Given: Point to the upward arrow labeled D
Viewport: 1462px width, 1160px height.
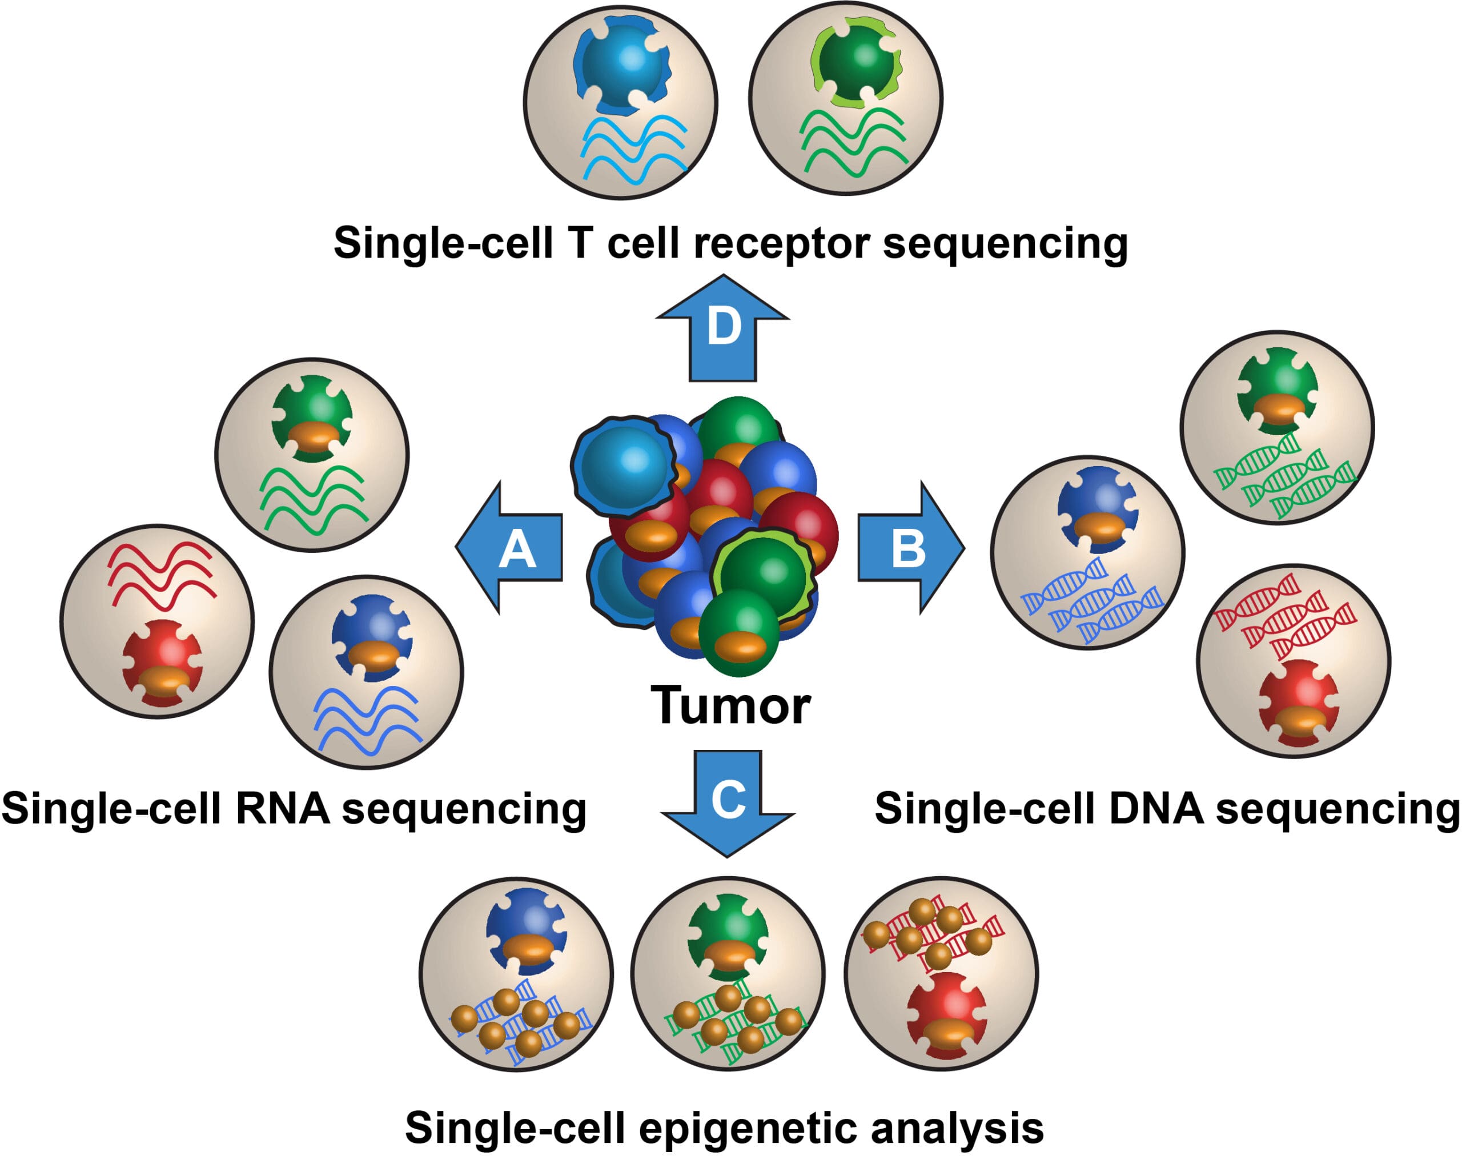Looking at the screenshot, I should tap(723, 328).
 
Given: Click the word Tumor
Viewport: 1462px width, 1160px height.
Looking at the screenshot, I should tap(730, 706).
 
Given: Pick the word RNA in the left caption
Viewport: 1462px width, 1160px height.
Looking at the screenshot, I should tap(283, 809).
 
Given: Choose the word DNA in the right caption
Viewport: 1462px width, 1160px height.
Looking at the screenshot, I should tap(1157, 809).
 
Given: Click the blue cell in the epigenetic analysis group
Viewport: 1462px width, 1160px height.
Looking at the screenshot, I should tap(526, 930).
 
